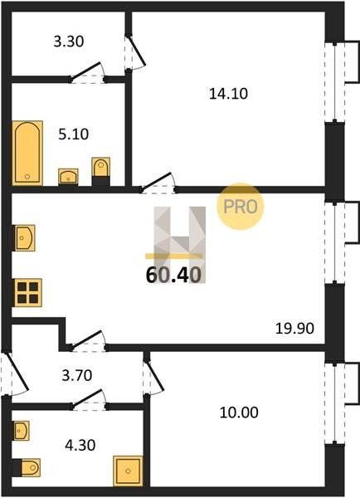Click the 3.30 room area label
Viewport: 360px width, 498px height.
69,41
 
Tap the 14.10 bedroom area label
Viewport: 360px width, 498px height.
229,94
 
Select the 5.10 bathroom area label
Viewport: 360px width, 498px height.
74,134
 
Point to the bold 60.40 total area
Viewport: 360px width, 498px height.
173,275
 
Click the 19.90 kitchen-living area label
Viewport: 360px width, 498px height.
294,329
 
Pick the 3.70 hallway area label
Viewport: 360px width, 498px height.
77,375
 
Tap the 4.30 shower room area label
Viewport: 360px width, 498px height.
80,445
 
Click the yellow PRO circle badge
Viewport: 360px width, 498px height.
241,207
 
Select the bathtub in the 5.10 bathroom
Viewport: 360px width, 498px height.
27,153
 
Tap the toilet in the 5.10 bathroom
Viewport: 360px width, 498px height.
101,171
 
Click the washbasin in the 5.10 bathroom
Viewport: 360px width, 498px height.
68,176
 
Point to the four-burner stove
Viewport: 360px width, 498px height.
28,293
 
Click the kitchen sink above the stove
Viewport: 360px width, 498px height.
24,238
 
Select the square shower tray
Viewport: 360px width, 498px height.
128,471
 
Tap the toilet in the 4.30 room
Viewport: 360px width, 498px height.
27,467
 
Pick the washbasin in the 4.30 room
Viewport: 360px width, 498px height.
22,431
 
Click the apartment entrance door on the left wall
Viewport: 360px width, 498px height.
14,373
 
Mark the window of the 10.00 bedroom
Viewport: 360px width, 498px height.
335,403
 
